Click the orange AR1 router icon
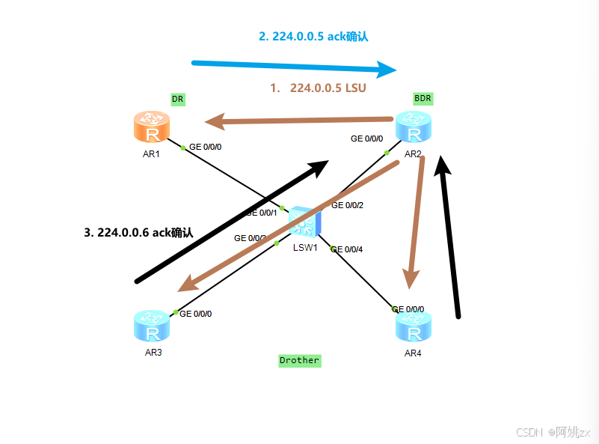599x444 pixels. [152, 127]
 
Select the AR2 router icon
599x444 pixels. [414, 127]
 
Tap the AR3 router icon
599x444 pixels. [152, 326]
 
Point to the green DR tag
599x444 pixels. [177, 99]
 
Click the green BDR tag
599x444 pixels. [423, 98]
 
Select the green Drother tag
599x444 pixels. [299, 360]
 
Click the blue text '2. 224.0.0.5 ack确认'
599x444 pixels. [313, 36]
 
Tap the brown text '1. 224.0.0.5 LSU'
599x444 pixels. [318, 88]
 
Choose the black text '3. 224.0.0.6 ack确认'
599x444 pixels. [138, 232]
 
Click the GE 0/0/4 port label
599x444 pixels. [346, 249]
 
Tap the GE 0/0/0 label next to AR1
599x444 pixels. [205, 147]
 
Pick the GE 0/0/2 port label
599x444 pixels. [347, 205]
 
